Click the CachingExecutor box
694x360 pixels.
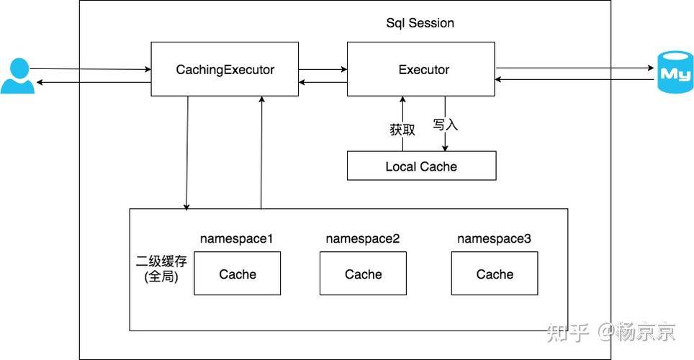pos(225,69)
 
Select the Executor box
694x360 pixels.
pos(421,69)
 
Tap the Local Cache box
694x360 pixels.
pos(421,166)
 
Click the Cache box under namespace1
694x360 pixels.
pos(238,273)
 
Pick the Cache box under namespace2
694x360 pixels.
pos(363,273)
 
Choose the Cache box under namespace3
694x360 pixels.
pos(495,273)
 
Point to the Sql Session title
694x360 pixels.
pos(420,23)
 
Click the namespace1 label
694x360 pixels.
pos(236,238)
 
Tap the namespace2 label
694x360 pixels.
pos(363,238)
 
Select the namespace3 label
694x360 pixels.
pos(494,238)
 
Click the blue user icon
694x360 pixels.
pos(18,76)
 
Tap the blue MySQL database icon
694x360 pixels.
pos(675,72)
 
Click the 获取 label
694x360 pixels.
pos(402,130)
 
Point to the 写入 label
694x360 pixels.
pos(445,125)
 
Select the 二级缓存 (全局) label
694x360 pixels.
pos(161,269)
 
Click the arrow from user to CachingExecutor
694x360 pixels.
pos(90,69)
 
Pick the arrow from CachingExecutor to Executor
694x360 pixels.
pos(323,69)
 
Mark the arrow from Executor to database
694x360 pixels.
pos(574,68)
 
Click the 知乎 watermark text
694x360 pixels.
pos(568,332)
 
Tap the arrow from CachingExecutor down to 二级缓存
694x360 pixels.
pos(187,153)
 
